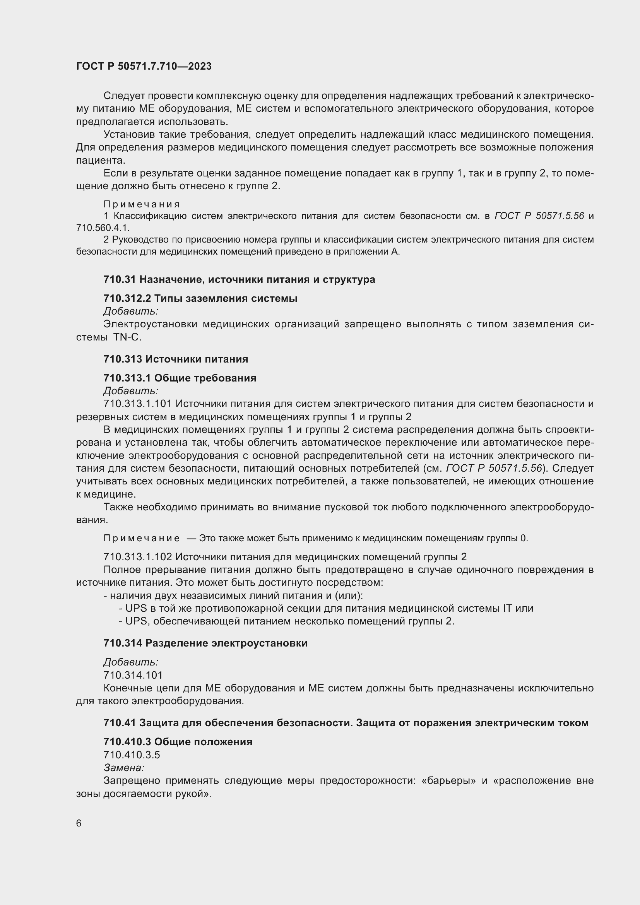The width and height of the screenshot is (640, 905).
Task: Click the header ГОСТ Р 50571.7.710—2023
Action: (x=144, y=66)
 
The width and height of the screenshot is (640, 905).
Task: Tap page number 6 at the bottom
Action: (x=79, y=823)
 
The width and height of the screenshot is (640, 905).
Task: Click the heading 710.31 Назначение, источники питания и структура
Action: (x=239, y=279)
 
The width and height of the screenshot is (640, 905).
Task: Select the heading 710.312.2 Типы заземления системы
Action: (x=200, y=298)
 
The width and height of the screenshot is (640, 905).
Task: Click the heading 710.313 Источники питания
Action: (x=176, y=359)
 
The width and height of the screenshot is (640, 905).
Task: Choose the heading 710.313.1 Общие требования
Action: (x=180, y=378)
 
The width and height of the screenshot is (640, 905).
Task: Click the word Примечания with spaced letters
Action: (x=142, y=204)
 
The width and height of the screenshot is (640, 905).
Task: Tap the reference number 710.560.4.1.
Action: (x=103, y=228)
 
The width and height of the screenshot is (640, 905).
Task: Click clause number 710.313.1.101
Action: (x=137, y=404)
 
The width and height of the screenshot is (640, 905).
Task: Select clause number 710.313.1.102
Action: (x=137, y=556)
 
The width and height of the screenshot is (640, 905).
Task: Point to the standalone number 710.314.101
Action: (x=133, y=675)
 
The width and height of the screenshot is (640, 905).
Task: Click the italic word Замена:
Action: (x=124, y=767)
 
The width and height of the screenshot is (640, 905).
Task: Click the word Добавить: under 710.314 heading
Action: (x=130, y=662)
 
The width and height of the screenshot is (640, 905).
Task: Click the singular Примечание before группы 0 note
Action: (x=142, y=538)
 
